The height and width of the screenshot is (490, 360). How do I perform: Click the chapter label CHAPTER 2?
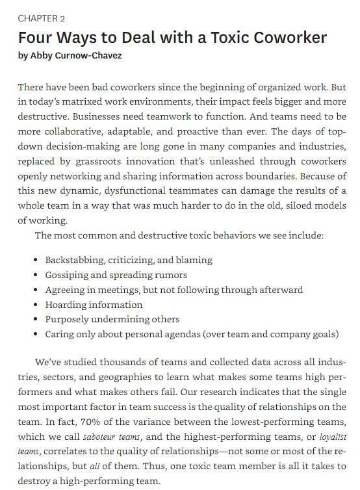click(x=42, y=19)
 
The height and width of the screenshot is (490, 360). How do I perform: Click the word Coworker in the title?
click(x=285, y=38)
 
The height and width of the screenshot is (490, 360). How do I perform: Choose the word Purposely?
click(x=68, y=320)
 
